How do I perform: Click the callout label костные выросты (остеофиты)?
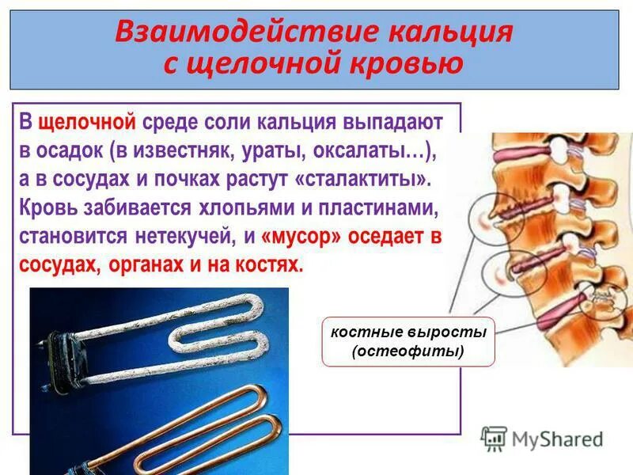point(407,341)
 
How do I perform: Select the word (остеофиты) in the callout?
point(407,351)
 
